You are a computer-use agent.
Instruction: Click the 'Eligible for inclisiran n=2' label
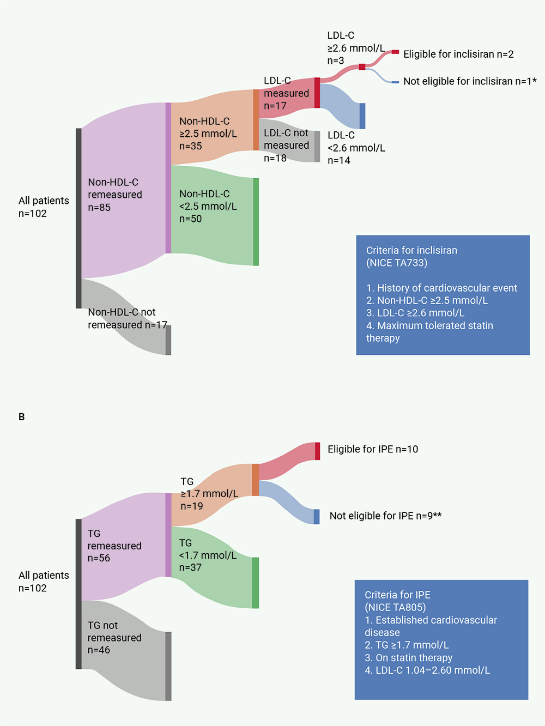click(458, 55)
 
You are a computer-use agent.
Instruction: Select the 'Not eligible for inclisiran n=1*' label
click(470, 81)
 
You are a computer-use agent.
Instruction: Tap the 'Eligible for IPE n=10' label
click(373, 449)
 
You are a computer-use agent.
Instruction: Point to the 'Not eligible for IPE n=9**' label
click(385, 516)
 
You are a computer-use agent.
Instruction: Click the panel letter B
click(21, 417)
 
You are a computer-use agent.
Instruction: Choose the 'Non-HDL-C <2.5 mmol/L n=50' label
click(208, 206)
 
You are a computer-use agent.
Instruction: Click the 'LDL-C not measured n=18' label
click(286, 145)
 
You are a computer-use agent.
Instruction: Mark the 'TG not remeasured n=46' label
click(114, 637)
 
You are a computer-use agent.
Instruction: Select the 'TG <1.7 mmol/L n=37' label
click(208, 555)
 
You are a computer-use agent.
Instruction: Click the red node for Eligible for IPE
click(317, 451)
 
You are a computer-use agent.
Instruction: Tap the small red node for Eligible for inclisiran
click(395, 52)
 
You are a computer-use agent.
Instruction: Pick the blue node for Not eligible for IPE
click(317, 517)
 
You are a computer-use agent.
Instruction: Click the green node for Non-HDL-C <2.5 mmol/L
click(256, 222)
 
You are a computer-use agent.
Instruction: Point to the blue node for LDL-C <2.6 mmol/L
click(362, 116)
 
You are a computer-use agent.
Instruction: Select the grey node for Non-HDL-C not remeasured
click(168, 340)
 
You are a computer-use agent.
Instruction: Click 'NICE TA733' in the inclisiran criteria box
click(397, 263)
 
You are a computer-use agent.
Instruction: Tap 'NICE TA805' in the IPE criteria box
click(395, 607)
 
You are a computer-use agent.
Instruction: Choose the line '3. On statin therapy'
click(408, 657)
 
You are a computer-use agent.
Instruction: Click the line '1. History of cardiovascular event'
click(441, 288)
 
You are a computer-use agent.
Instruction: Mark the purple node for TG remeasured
click(168, 535)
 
